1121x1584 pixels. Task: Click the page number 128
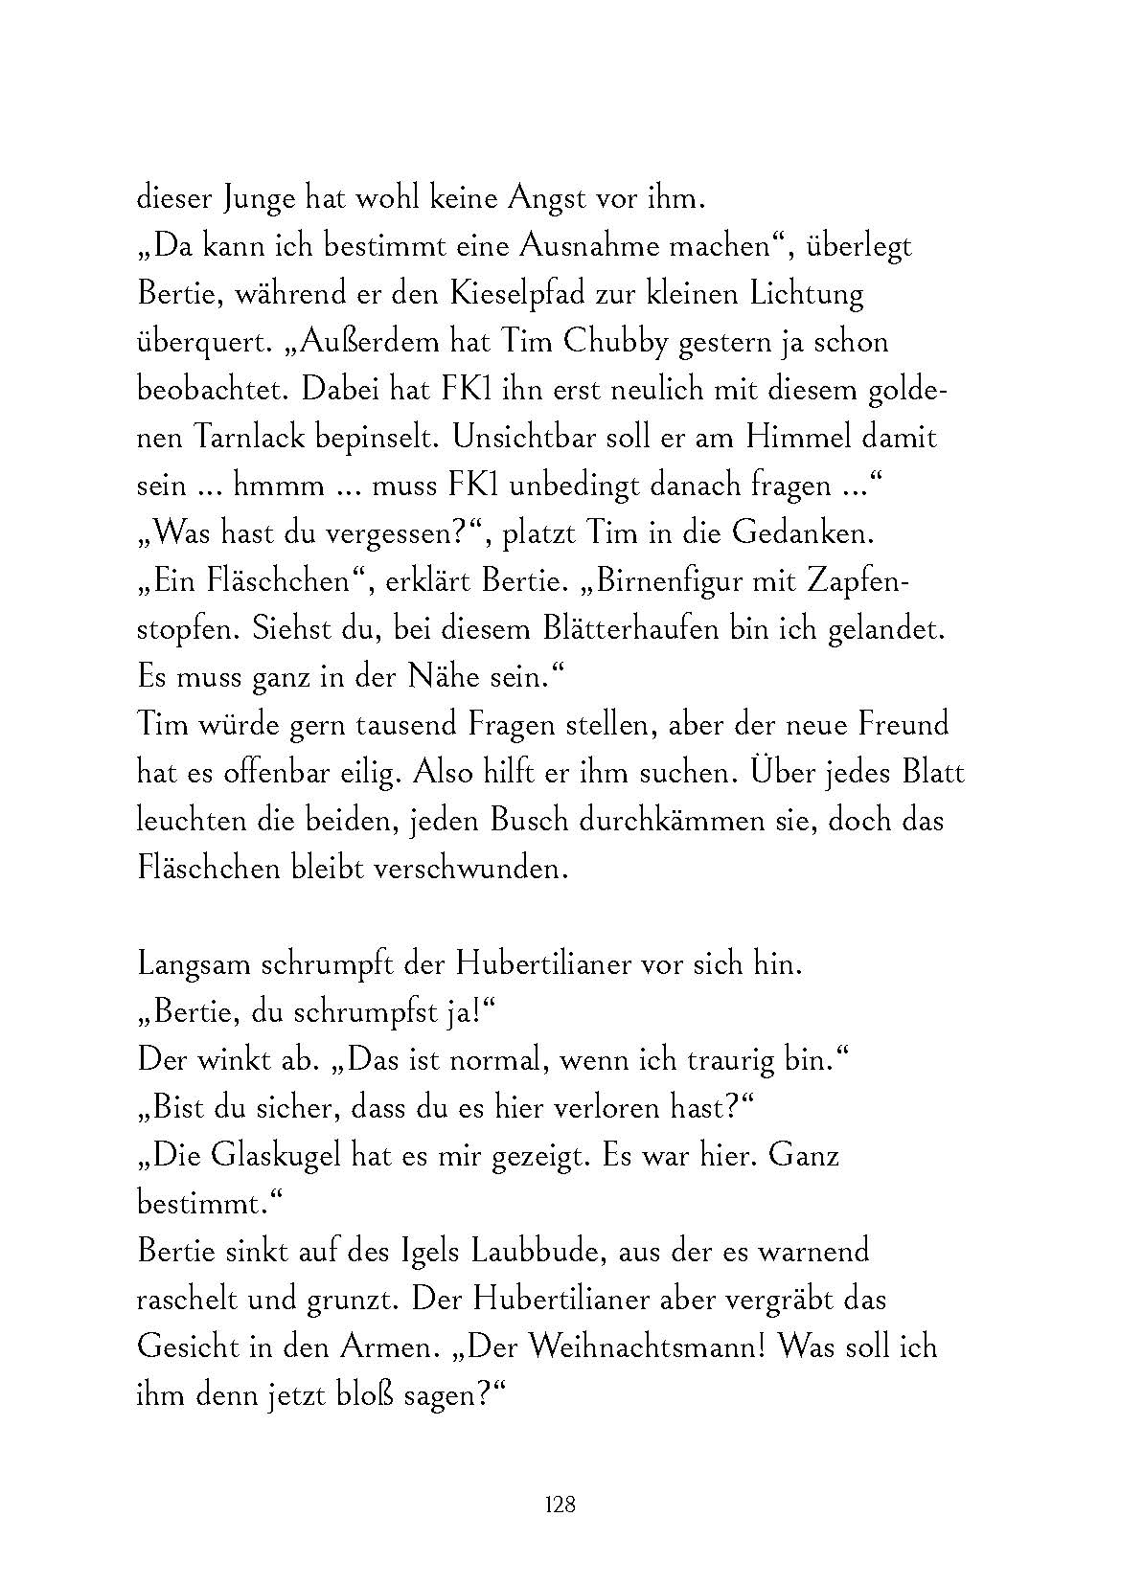click(x=559, y=1504)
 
